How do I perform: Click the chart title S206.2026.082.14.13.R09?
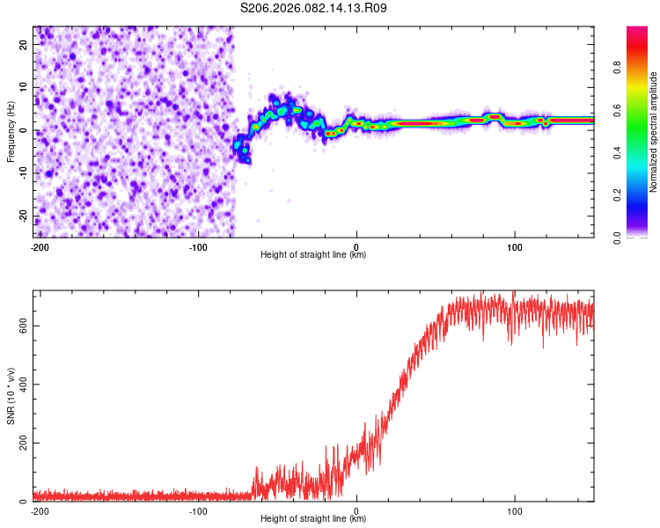coord(314,9)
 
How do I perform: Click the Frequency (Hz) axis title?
coord(11,132)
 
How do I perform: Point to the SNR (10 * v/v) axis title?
coord(11,395)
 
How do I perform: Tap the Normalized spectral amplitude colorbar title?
coord(654,132)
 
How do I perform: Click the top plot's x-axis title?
coord(313,254)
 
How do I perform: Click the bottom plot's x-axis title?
coord(313,518)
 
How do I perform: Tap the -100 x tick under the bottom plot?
coord(197,510)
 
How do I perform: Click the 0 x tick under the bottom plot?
coord(356,510)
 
